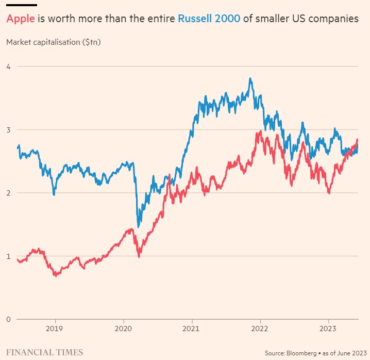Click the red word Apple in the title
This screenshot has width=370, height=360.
tap(21, 19)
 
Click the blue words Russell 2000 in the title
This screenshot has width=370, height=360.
tap(209, 19)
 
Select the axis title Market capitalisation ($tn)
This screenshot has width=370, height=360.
tap(53, 42)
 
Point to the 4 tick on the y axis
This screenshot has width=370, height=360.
tap(9, 66)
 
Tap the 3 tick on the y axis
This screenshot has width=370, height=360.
tap(9, 129)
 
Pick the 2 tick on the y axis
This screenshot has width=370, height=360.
tap(9, 192)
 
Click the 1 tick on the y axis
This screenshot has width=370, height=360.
tap(9, 256)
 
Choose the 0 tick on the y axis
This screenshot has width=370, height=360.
tap(9, 319)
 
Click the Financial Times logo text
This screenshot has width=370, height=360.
tap(44, 352)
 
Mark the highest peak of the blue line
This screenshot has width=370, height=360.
tap(250, 79)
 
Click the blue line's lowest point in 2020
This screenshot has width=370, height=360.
tap(138, 226)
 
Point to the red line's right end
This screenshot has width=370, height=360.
tap(358, 140)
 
